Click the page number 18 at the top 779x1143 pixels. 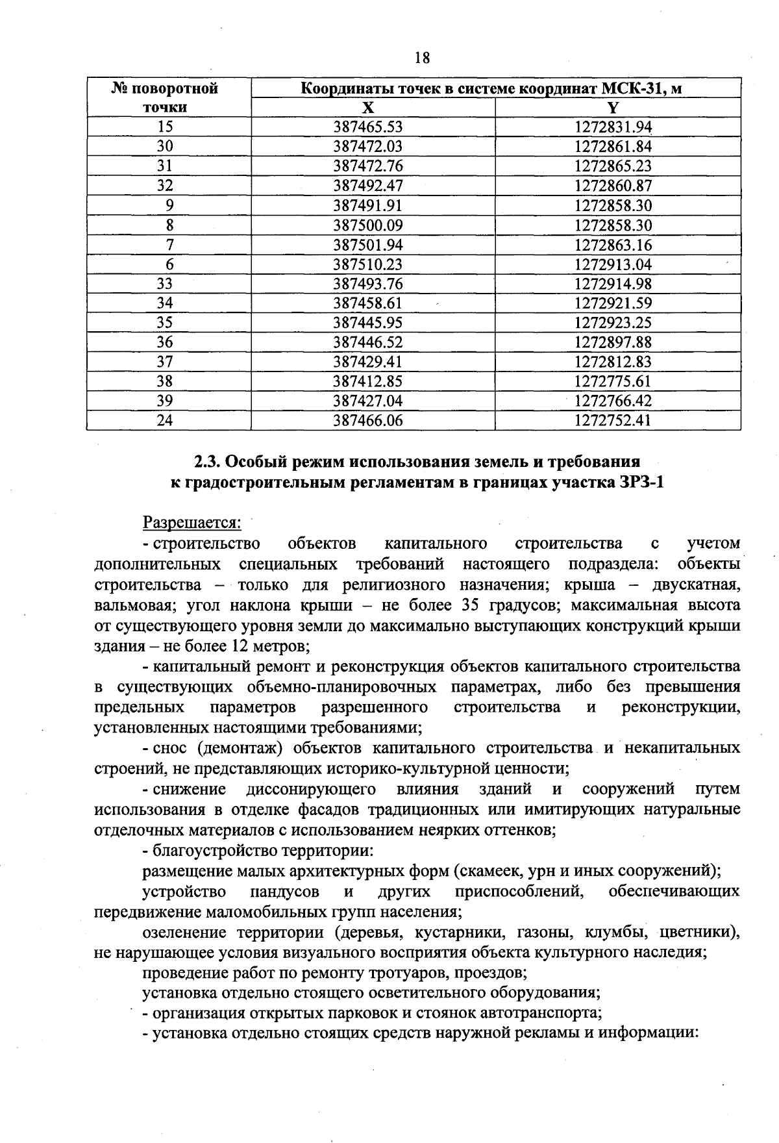point(422,58)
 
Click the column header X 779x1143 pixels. point(368,108)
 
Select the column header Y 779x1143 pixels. point(613,108)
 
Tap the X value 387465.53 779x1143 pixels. point(368,127)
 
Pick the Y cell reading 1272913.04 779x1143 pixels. point(613,264)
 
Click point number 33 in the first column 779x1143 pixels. point(166,284)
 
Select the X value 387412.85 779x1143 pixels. point(368,381)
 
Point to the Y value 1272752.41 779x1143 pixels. point(613,421)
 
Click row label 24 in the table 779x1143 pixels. point(166,421)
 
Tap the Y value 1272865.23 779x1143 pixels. point(613,166)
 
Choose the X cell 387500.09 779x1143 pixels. point(368,225)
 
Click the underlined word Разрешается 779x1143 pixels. point(192,522)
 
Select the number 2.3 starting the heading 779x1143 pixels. point(208,462)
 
